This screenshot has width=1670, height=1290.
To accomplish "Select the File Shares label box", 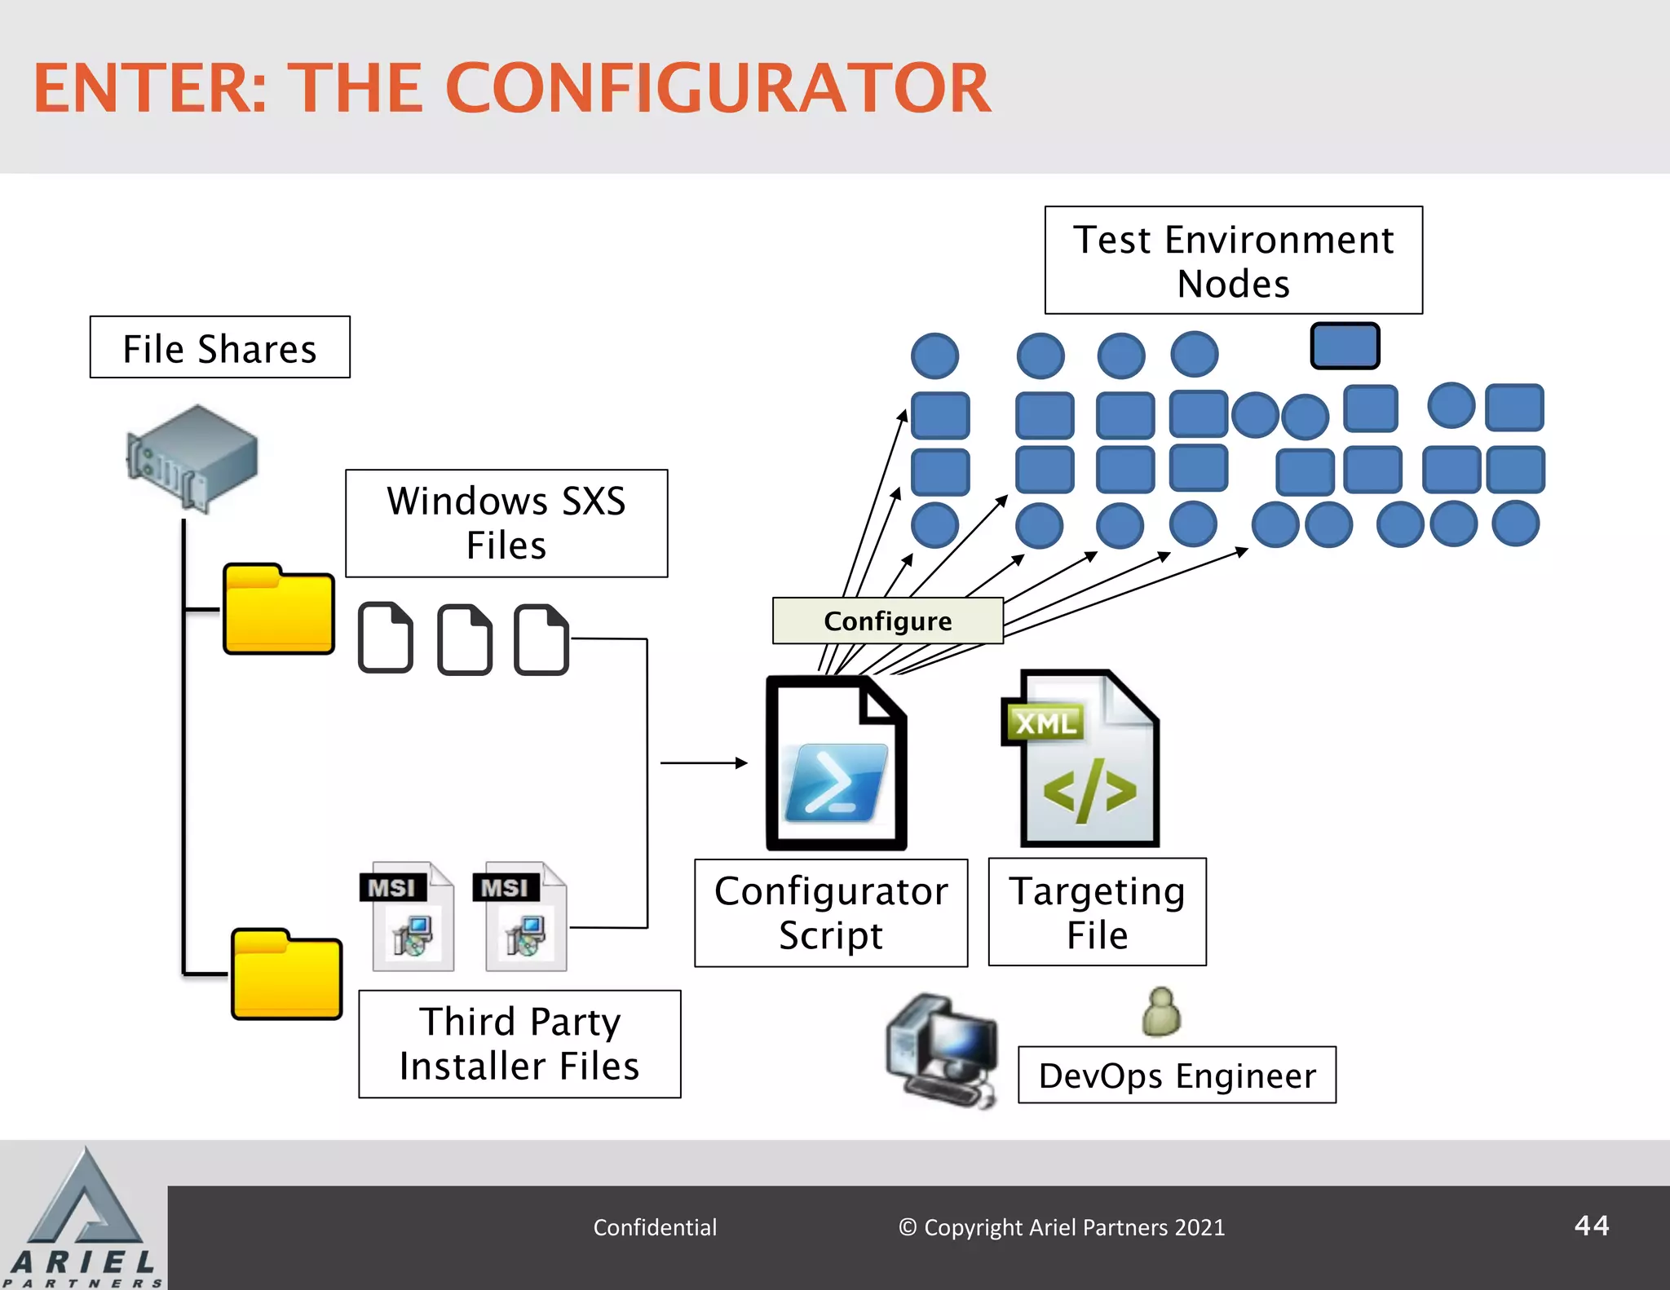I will [x=219, y=348].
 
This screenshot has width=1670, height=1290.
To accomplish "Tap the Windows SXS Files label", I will [x=506, y=524].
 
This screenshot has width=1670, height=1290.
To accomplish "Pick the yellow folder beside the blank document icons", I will [x=279, y=609].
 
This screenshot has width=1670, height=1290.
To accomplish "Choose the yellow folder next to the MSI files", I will [x=286, y=974].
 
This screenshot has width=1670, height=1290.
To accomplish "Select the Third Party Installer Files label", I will [x=519, y=1044].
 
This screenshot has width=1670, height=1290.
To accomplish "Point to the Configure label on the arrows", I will [x=887, y=621].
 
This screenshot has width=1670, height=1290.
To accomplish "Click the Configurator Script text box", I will [x=831, y=913].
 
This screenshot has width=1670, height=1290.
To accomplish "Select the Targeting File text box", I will [x=1097, y=912].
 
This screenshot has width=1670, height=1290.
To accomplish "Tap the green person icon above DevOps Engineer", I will [x=1161, y=1013].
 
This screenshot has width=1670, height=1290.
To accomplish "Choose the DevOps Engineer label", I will [x=1177, y=1076].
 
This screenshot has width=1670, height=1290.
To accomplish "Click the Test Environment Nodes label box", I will [x=1233, y=261].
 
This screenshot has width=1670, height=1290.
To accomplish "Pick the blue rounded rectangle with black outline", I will [x=1345, y=346].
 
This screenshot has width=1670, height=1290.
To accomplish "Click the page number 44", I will [x=1591, y=1226].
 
